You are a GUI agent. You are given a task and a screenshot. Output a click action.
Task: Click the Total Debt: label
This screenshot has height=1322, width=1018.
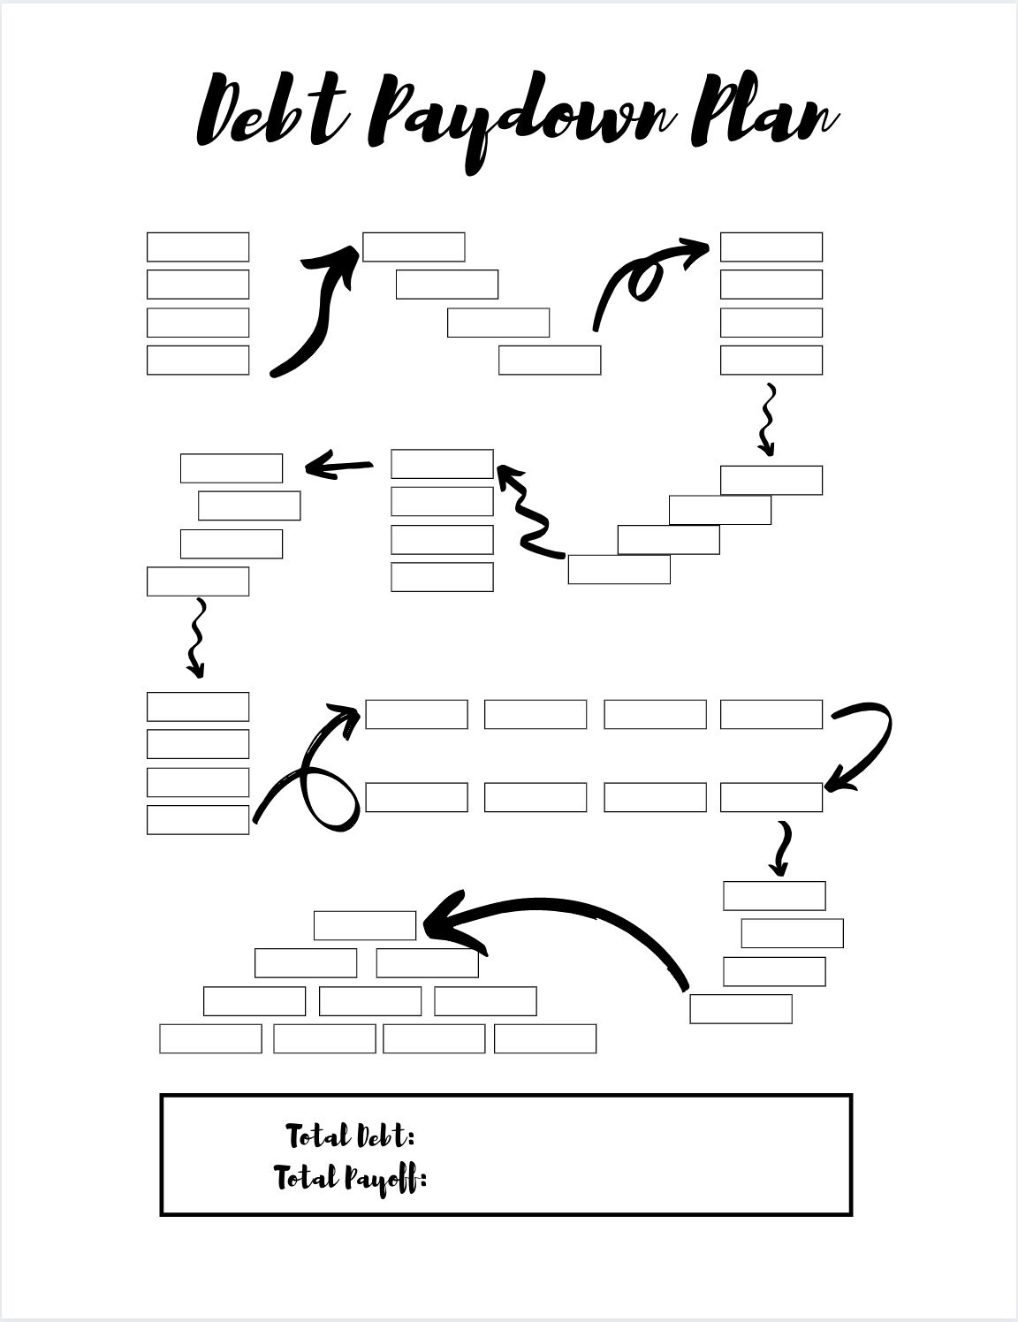(350, 1136)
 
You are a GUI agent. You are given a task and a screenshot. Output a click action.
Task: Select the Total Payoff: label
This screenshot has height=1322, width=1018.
(350, 1179)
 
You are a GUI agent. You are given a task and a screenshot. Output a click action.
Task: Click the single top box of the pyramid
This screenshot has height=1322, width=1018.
(365, 925)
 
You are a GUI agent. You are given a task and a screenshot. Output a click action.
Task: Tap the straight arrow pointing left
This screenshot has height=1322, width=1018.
(338, 467)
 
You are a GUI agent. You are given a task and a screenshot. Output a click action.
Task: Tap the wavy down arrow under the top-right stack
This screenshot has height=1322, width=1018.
(768, 420)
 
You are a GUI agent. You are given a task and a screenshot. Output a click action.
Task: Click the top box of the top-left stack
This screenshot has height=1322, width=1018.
(198, 247)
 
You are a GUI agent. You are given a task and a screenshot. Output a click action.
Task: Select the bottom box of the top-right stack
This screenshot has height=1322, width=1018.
(771, 361)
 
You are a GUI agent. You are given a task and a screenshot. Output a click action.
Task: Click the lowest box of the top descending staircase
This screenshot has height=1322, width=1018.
(550, 361)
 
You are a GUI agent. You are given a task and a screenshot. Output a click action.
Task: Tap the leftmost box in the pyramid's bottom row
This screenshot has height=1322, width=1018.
(210, 1038)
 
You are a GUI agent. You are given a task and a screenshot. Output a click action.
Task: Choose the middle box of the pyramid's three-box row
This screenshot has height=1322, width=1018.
(369, 1001)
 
